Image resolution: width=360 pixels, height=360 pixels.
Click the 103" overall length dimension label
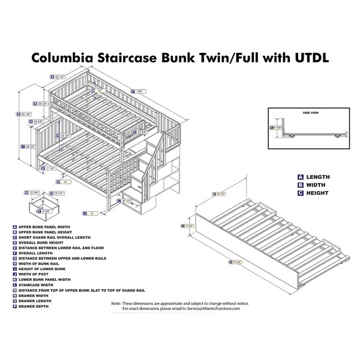(140, 91)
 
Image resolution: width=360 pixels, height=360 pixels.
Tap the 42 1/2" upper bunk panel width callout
(59, 77)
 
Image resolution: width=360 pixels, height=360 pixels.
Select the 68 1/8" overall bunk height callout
(25, 115)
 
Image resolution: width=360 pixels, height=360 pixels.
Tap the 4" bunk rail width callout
(65, 181)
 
